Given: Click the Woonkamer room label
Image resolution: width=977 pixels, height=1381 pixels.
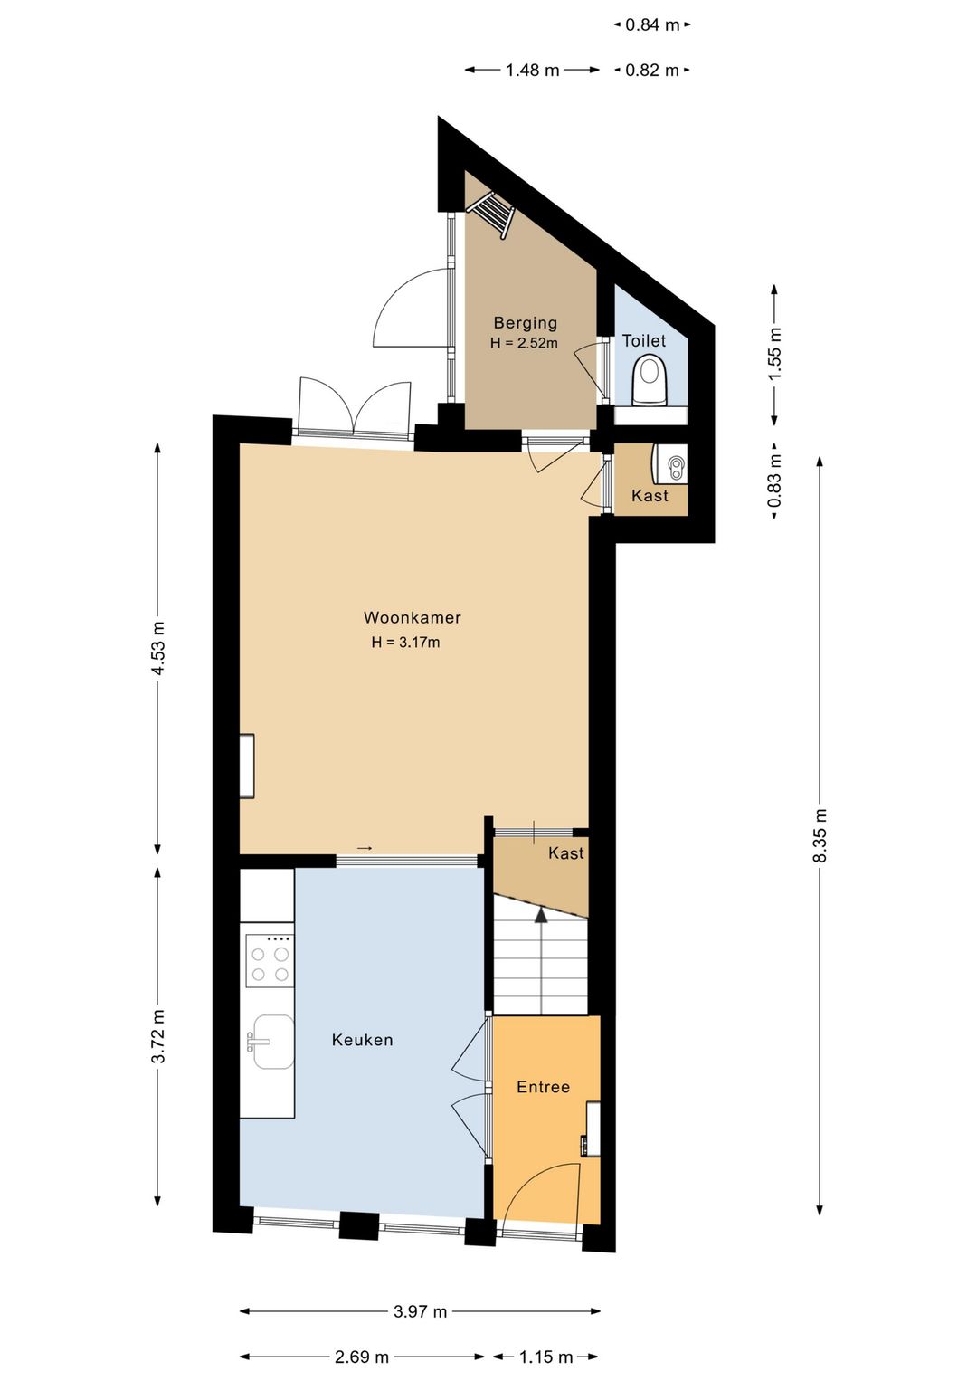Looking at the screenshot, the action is (412, 617).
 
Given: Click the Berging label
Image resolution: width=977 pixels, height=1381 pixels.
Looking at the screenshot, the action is (526, 322).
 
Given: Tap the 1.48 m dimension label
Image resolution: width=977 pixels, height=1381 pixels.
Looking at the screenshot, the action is (533, 71).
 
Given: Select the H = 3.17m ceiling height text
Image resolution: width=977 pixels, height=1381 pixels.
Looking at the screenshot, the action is (405, 643).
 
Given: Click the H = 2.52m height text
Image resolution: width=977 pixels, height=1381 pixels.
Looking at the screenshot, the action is (524, 343).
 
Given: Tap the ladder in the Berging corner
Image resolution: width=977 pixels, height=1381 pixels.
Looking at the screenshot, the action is (491, 213).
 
